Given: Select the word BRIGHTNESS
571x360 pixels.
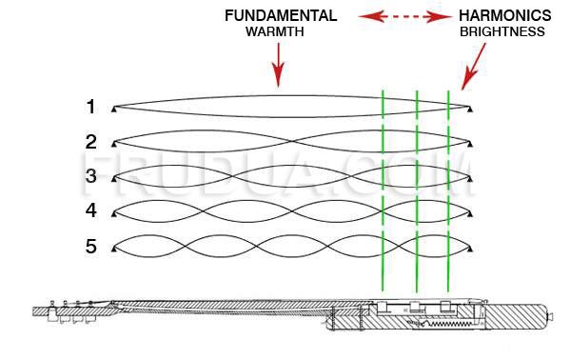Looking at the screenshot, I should (x=502, y=31).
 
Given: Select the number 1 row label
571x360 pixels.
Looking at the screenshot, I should (x=90, y=107).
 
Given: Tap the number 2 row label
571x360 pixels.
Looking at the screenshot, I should (x=90, y=142).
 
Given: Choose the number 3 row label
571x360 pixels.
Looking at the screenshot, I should (x=90, y=176).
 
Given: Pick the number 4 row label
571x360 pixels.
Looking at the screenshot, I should (x=90, y=210).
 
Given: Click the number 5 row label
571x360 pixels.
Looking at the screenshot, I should (x=90, y=246).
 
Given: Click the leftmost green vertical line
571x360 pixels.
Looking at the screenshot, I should (x=383, y=190).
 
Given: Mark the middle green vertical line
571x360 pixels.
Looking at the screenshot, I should (x=417, y=190).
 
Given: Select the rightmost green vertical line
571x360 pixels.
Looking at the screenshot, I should (x=448, y=190).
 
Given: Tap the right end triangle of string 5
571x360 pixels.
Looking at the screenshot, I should (x=470, y=249).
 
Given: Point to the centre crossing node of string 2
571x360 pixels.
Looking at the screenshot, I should (x=292, y=141).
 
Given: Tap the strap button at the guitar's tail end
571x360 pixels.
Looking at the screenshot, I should (x=549, y=315).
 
